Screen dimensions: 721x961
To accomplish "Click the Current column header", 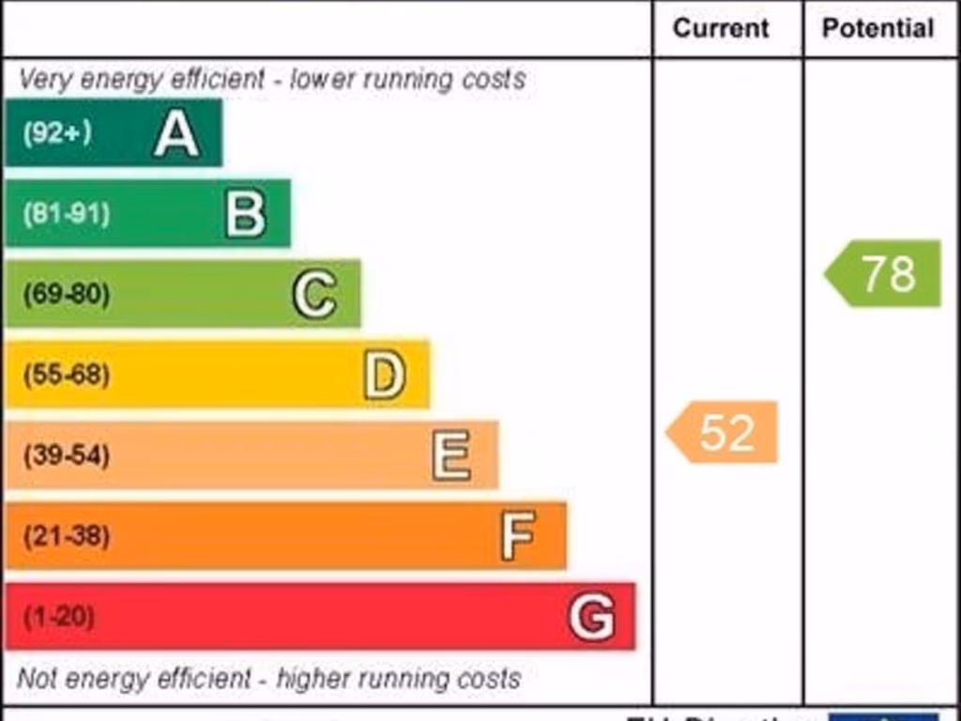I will [x=721, y=29].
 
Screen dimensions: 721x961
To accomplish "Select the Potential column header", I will [x=877, y=29].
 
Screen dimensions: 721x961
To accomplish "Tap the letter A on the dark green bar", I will [x=176, y=133].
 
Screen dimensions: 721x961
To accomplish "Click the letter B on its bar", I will [x=246, y=214].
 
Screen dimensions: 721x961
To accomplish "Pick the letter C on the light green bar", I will [x=314, y=295].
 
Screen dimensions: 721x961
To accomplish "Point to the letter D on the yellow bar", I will [x=385, y=376].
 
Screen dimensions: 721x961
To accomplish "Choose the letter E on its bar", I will [x=451, y=456].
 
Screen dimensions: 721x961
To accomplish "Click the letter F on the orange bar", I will [x=518, y=536].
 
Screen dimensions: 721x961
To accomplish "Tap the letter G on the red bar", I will [x=592, y=617].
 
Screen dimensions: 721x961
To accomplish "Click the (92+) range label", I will [x=57, y=133].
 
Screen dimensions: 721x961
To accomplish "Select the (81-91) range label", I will [x=66, y=214].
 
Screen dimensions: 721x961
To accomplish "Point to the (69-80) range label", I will [x=66, y=295].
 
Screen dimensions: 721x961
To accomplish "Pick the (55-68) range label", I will [x=66, y=376].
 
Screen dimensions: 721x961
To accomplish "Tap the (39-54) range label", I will [x=66, y=456].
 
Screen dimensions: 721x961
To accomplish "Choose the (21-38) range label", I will [x=66, y=537].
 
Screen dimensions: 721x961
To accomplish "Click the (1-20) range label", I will [x=58, y=618].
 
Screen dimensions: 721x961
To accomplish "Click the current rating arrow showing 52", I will [x=724, y=433].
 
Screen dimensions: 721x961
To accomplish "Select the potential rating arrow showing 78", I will [x=884, y=273].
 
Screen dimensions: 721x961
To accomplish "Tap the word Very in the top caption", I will [x=45, y=80].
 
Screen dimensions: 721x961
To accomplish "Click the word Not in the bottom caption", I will [x=37, y=678].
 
